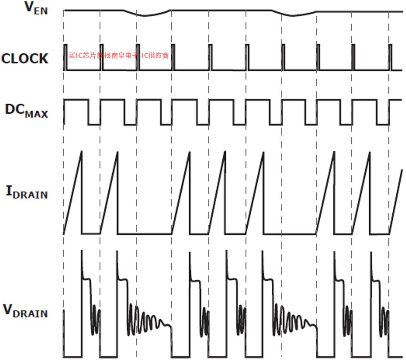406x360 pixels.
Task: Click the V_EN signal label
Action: [x=36, y=9]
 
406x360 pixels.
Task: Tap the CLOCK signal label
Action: [x=24, y=58]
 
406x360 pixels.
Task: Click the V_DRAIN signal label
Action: [x=25, y=311]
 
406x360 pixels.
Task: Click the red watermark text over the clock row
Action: [x=118, y=55]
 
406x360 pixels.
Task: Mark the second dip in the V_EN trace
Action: [x=292, y=15]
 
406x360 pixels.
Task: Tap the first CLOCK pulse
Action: [x=66, y=57]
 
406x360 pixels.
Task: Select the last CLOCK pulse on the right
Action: [x=391, y=57]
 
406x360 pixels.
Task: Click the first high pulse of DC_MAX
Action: [x=76, y=100]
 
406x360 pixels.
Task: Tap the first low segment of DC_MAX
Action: [x=94, y=125]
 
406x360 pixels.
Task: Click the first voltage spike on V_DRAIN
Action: [x=82, y=252]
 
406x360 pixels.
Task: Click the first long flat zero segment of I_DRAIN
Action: [x=144, y=234]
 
